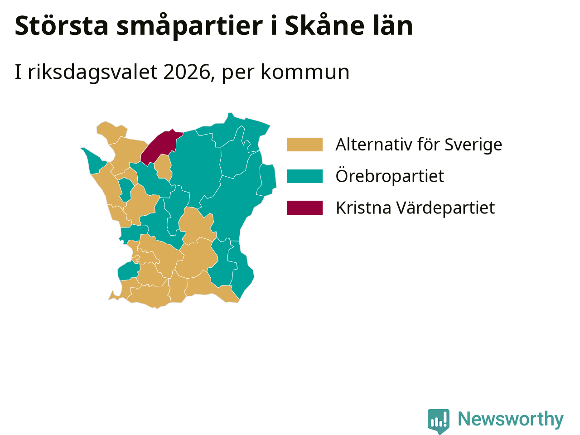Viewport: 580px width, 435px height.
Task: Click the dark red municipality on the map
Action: [x=161, y=146]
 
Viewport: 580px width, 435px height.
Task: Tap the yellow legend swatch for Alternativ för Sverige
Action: [x=304, y=145]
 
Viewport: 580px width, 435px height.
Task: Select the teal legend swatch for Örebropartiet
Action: [x=304, y=176]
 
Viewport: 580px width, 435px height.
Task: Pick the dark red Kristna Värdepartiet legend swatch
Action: [x=304, y=208]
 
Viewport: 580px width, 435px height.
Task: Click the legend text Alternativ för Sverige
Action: [x=419, y=145]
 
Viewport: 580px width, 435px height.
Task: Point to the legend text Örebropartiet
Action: [x=390, y=176]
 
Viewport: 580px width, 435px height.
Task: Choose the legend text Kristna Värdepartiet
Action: [x=415, y=208]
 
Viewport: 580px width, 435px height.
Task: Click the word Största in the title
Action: [x=62, y=25]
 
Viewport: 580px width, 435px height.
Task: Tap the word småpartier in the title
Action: [x=190, y=26]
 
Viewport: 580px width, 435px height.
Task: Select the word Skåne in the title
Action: [x=325, y=25]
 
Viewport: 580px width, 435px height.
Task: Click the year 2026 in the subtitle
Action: [x=187, y=72]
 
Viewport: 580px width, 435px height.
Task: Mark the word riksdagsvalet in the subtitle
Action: [x=92, y=72]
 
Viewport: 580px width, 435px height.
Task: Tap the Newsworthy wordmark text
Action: [x=511, y=419]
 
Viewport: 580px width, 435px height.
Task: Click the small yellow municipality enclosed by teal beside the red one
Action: [x=163, y=168]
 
